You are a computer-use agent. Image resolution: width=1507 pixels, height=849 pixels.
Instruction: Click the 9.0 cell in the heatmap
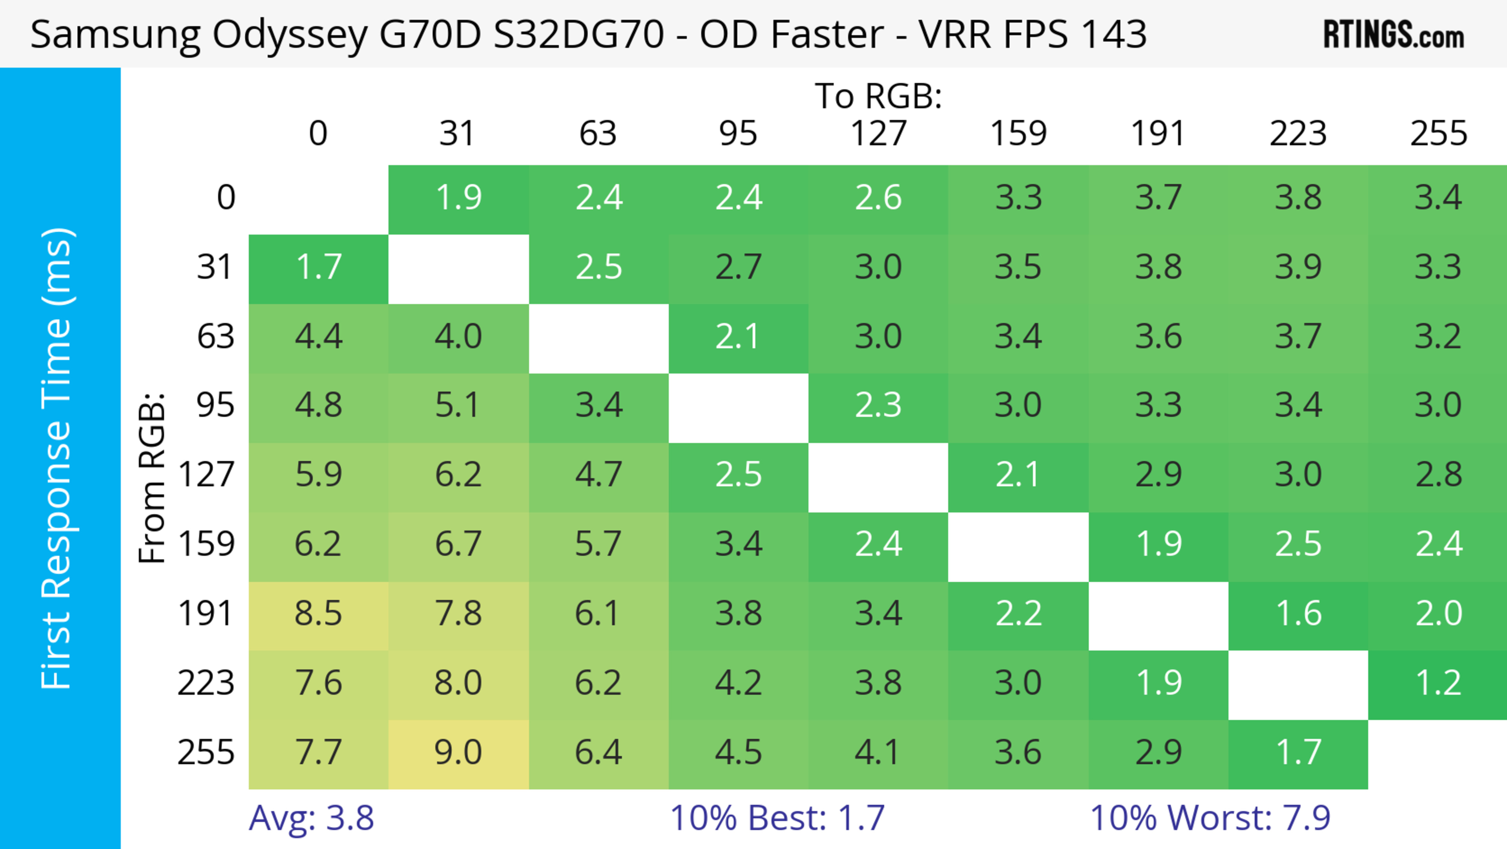click(x=458, y=752)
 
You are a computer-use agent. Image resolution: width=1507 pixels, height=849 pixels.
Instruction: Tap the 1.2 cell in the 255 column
click(x=1438, y=683)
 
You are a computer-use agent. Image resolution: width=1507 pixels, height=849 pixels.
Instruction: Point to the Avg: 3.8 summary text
click(x=311, y=818)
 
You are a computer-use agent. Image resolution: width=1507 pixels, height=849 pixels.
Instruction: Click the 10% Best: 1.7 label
click(x=777, y=818)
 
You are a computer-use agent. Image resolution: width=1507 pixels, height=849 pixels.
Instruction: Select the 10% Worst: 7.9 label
click(x=1210, y=818)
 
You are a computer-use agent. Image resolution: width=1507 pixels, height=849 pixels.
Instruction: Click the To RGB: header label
click(x=878, y=95)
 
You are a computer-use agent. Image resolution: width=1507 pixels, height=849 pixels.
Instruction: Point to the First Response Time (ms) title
click(x=57, y=458)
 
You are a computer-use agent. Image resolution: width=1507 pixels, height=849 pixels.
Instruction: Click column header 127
click(x=878, y=134)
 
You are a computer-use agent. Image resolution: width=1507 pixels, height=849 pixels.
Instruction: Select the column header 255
click(x=1438, y=134)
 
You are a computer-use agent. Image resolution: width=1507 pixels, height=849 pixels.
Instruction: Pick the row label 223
click(x=206, y=683)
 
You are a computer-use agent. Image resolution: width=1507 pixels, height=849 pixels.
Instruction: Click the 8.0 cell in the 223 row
click(x=458, y=683)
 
